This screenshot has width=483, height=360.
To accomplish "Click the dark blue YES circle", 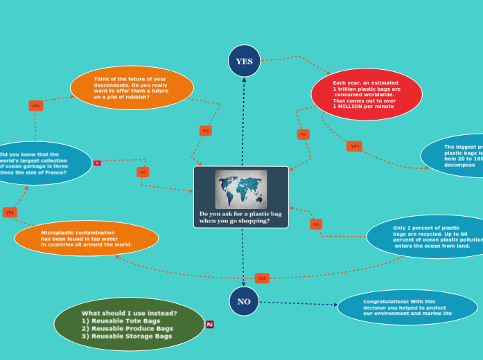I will pos(244,61).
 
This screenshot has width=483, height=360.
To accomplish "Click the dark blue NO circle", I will pos(244,301).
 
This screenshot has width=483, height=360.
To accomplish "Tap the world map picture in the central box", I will pos(240,189).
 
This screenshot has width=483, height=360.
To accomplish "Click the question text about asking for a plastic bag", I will pos(240,217).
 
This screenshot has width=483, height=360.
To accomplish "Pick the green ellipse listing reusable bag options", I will pos(129,324).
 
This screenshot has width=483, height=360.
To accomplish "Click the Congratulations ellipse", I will pos(407,307).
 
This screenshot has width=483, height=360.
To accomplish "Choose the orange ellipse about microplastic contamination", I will pos(87,238).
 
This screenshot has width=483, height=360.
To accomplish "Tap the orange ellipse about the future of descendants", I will pos(132,88).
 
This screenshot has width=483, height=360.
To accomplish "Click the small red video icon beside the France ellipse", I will pos(97,163).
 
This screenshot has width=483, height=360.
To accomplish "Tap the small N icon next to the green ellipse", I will pos(209,324).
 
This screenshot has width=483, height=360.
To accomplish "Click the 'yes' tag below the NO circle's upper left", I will pos(262,278).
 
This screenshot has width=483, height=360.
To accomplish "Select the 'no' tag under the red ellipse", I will pos(304,134).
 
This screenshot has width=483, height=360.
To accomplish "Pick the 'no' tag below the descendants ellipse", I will pos(205,131).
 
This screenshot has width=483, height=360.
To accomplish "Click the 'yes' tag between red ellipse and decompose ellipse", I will pos(354,146).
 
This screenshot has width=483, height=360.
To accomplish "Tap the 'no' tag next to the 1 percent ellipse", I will pos(316,224).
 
